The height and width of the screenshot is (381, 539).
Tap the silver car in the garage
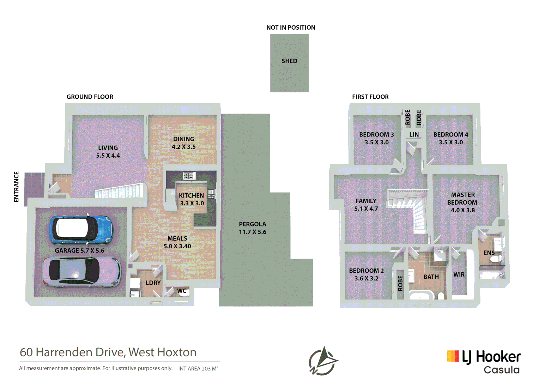[82, 271]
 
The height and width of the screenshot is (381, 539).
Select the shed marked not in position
[289, 63]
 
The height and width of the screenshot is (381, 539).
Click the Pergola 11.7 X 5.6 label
[253, 228]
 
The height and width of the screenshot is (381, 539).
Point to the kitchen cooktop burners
[189, 175]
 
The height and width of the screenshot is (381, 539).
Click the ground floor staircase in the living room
[120, 191]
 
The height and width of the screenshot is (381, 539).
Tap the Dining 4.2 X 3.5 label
[184, 143]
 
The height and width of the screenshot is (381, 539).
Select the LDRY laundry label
[153, 283]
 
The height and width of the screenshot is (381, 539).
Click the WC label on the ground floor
[182, 291]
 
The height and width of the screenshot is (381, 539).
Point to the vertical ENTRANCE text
[16, 187]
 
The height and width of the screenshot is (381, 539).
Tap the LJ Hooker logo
[484, 361]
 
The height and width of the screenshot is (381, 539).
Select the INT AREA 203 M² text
[198, 369]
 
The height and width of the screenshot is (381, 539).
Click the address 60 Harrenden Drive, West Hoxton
[108, 352]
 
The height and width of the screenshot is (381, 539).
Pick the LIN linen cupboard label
[414, 135]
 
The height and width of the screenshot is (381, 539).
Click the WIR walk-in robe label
[459, 274]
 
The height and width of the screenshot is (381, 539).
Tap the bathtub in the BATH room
[420, 295]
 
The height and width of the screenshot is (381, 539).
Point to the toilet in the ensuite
[495, 260]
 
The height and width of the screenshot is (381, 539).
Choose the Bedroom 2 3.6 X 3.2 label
[367, 274]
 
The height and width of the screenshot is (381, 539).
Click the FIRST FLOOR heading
[370, 97]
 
